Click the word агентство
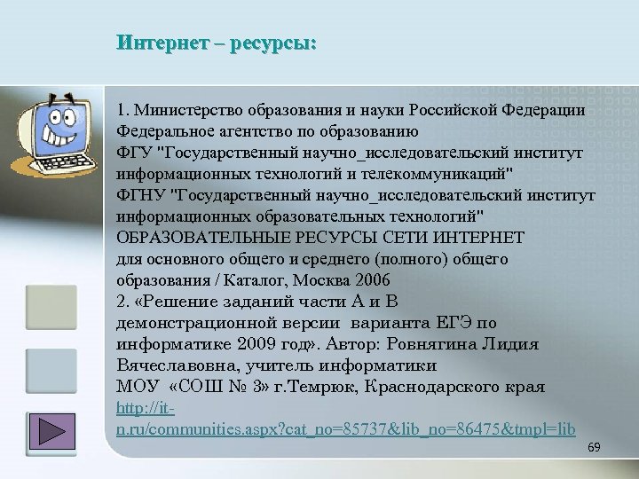[x=252, y=131]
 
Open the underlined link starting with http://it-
[x=346, y=429]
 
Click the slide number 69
[x=595, y=449]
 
